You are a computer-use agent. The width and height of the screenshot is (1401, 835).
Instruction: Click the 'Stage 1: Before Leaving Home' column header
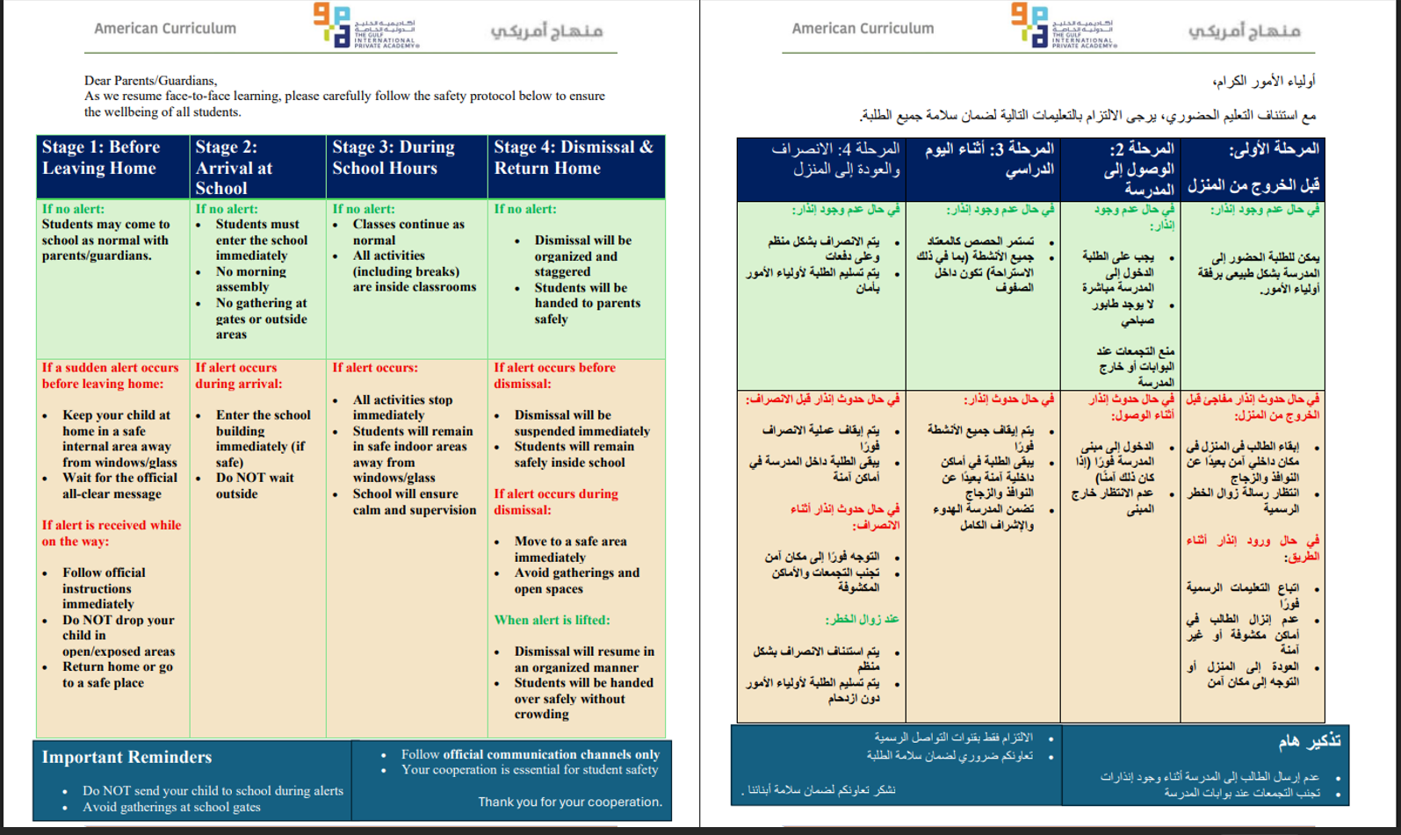point(101,158)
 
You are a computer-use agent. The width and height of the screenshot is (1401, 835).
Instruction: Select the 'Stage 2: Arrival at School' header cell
point(234,168)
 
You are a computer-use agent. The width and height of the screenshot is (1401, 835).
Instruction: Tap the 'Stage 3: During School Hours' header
point(393,158)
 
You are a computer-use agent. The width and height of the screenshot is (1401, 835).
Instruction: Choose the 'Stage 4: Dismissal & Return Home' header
point(573,158)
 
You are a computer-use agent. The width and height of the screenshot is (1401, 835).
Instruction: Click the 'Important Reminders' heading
point(126,757)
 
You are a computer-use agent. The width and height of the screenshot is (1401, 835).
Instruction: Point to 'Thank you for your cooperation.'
point(570,802)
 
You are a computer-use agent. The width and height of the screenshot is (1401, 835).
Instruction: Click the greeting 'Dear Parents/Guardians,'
point(150,81)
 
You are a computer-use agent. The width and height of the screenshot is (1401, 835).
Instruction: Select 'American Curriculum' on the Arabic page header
point(863,28)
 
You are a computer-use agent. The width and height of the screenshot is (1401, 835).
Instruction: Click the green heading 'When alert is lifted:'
point(552,620)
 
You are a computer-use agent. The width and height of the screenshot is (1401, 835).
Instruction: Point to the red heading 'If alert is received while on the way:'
point(112,533)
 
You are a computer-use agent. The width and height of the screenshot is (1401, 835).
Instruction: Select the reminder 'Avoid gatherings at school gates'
point(171,807)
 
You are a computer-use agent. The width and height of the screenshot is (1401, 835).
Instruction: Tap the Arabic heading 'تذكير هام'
point(1309,741)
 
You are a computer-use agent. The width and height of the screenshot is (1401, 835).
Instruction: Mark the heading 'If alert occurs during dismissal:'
point(555,501)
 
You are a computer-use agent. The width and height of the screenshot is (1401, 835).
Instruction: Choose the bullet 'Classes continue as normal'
point(408,232)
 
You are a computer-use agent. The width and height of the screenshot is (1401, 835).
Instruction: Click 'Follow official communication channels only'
point(530,754)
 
